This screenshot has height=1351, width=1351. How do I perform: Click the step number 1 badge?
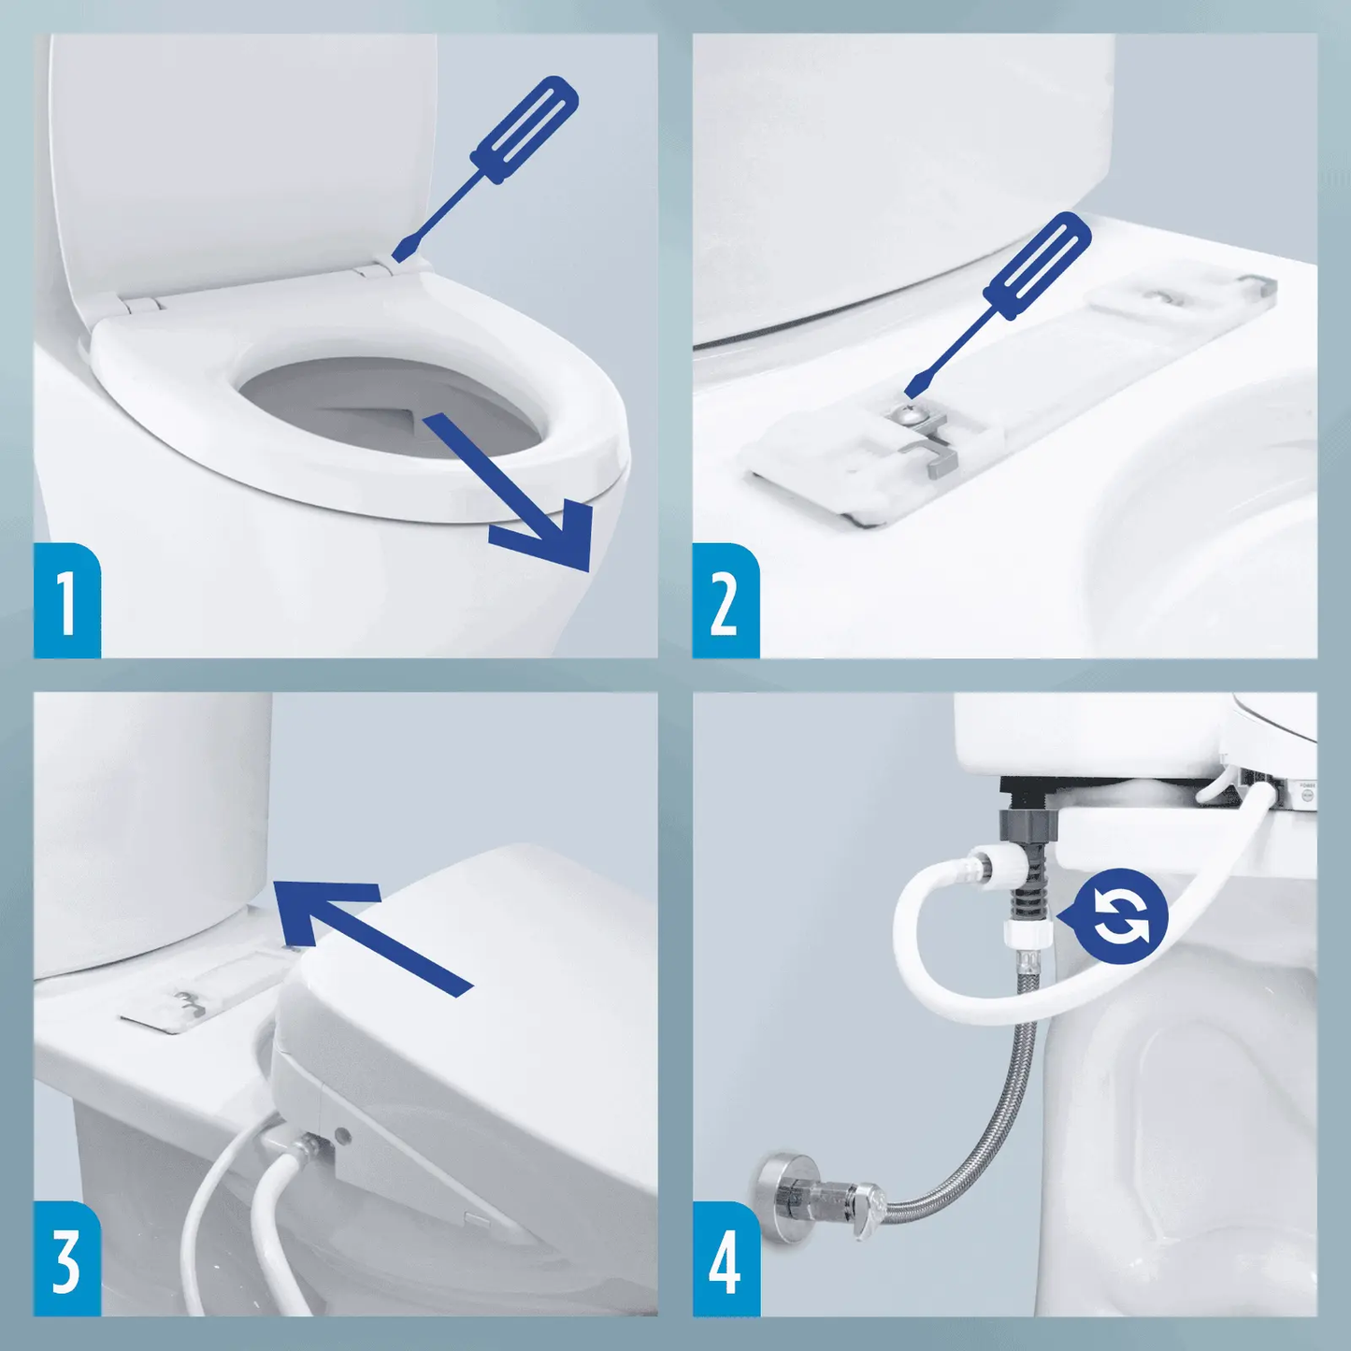66,601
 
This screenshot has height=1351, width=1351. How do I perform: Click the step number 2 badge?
725,601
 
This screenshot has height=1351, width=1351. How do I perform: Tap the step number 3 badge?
66,1259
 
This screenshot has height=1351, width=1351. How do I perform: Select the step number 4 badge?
725,1259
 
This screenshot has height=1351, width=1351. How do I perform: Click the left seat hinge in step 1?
140,303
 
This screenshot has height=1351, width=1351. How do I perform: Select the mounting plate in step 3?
201,1000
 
